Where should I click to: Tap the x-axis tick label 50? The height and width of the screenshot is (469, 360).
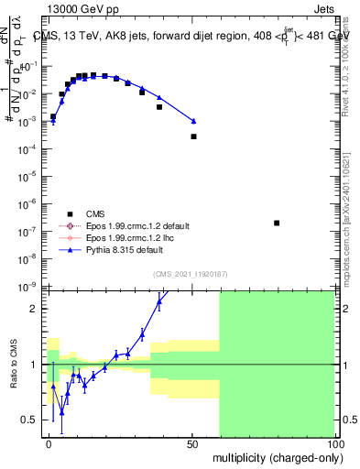click(193, 443)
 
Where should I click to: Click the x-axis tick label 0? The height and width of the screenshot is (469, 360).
click(49, 443)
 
